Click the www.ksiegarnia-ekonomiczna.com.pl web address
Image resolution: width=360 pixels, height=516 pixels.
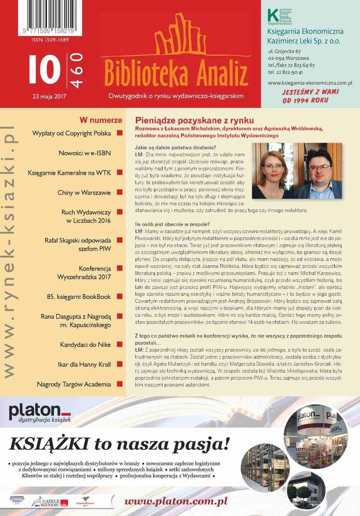click(310, 82)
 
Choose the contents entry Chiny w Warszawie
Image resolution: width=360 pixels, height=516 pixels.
click(84, 193)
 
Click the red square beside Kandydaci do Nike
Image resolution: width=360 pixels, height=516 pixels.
click(120, 345)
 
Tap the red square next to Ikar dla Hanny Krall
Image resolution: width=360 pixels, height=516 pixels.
click(120, 365)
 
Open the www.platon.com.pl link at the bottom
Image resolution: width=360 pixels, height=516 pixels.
click(175, 501)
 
